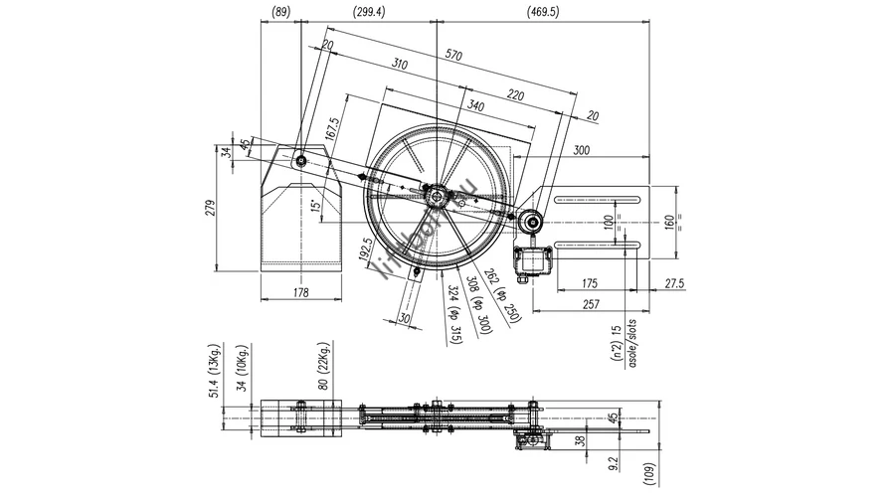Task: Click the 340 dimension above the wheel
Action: click(x=474, y=105)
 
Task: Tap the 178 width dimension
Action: click(x=302, y=293)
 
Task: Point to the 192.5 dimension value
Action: click(x=368, y=248)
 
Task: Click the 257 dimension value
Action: click(x=591, y=302)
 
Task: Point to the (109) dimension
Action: click(x=648, y=475)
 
